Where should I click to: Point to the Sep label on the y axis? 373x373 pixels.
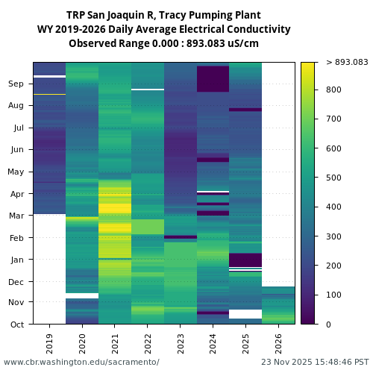(16, 84)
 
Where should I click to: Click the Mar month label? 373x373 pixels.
(16, 216)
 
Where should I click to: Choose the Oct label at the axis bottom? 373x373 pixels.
(16, 325)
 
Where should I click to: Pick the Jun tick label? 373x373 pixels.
(16, 150)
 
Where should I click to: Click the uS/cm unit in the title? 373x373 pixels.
(242, 43)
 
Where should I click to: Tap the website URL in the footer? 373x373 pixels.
(81, 362)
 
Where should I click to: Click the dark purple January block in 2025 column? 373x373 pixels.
(245, 260)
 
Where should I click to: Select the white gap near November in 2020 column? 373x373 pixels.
(81, 295)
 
